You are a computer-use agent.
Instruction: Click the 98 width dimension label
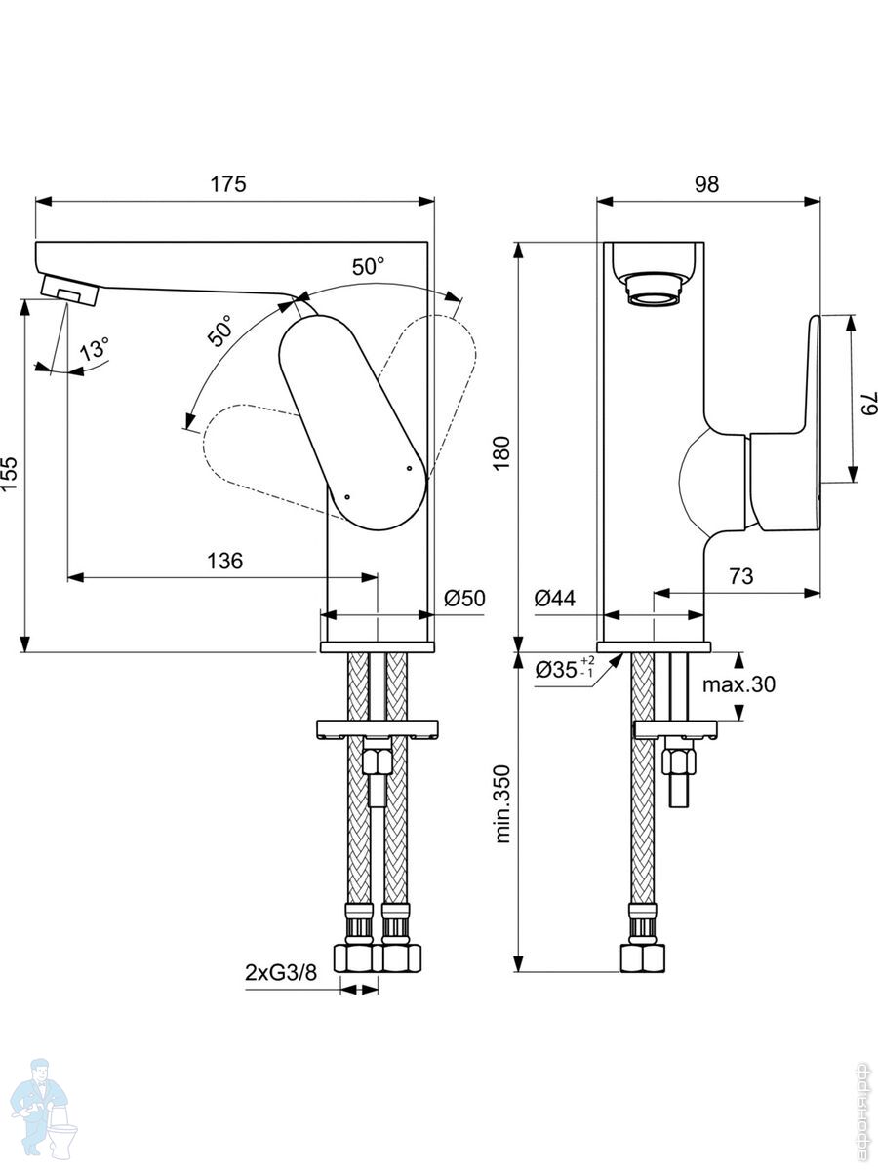click(707, 184)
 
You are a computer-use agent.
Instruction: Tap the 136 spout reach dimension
click(224, 561)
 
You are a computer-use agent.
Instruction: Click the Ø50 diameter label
click(464, 599)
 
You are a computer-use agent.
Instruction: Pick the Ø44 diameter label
click(555, 599)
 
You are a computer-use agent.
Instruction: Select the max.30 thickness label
click(739, 684)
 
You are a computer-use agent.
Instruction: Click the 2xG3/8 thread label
click(281, 972)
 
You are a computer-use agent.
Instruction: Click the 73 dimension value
click(741, 576)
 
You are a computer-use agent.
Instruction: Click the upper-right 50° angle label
click(368, 265)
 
